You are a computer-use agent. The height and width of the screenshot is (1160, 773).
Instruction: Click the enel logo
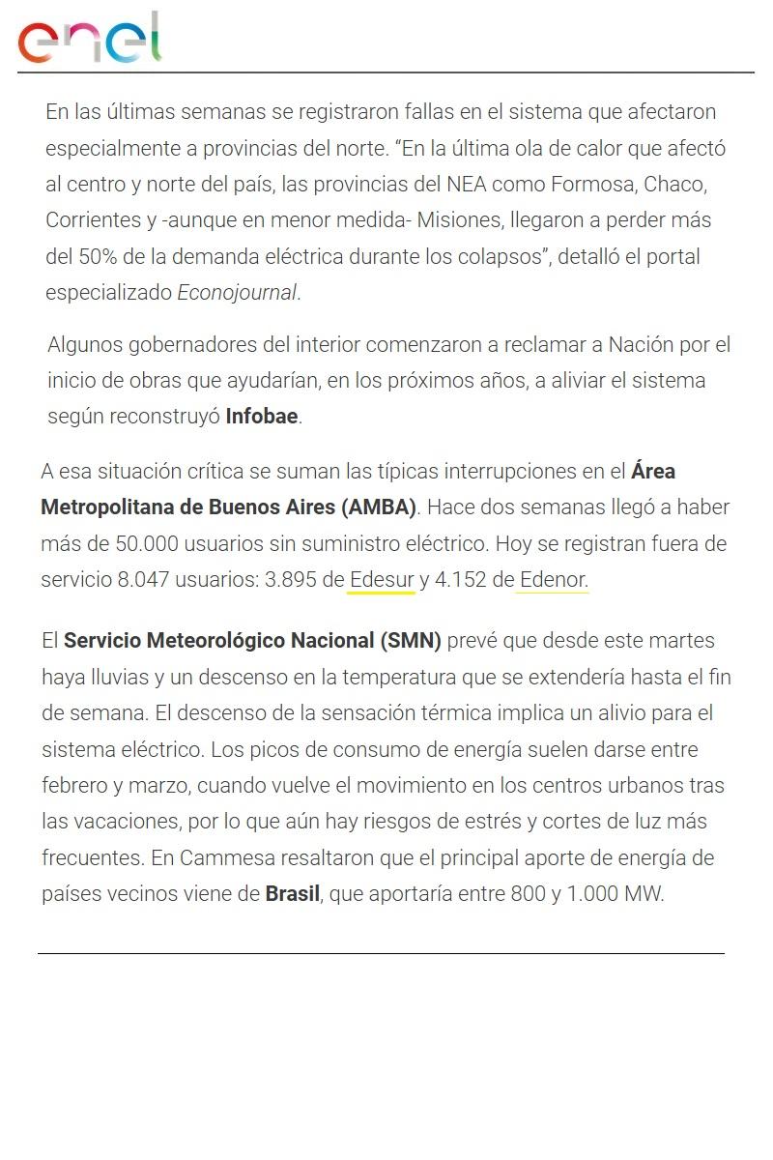(90, 40)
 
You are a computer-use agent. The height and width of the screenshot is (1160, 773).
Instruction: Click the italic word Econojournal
(238, 293)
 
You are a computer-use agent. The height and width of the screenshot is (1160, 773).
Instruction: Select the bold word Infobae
(262, 417)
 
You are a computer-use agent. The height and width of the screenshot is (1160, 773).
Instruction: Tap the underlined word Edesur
(382, 580)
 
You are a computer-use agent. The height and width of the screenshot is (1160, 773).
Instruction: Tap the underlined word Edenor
(553, 580)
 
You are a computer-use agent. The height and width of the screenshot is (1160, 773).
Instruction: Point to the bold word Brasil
(292, 893)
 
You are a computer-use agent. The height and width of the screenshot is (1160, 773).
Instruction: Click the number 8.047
(145, 580)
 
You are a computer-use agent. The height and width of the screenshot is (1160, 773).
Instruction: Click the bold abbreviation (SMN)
(411, 641)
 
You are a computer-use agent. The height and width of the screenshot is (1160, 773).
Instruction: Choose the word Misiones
(458, 220)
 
